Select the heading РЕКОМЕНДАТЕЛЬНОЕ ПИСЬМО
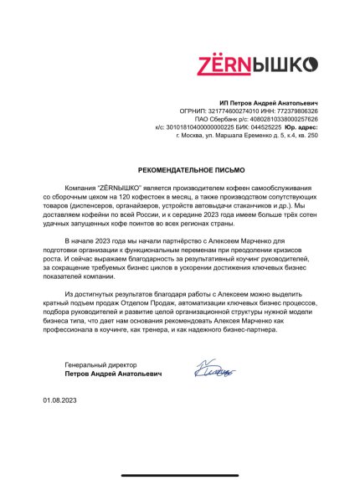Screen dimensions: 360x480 [180, 168]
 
